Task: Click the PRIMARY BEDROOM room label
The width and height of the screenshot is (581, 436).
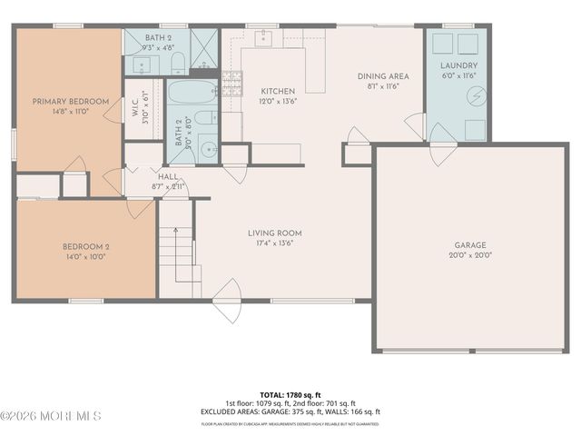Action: tap(71, 101)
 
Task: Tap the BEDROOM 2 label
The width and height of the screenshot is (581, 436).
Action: tap(85, 246)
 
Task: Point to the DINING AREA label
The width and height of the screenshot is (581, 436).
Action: tap(382, 76)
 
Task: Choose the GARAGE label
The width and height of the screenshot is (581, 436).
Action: tap(471, 245)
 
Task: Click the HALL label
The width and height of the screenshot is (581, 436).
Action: tap(169, 176)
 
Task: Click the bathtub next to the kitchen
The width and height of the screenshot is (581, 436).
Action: tap(192, 91)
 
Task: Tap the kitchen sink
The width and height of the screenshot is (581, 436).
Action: tap(264, 38)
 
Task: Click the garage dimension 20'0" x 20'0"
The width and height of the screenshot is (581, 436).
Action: tap(471, 255)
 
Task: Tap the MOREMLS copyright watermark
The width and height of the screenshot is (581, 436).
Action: tap(52, 416)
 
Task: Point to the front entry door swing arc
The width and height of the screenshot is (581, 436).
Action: tap(228, 300)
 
